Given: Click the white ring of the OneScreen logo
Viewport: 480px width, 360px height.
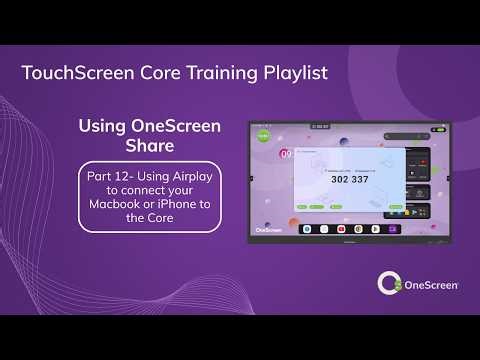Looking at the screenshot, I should (388, 284).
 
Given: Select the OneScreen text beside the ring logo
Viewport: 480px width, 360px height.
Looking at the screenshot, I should (431, 285).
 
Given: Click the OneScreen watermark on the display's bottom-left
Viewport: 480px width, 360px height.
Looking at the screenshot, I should (268, 229).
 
